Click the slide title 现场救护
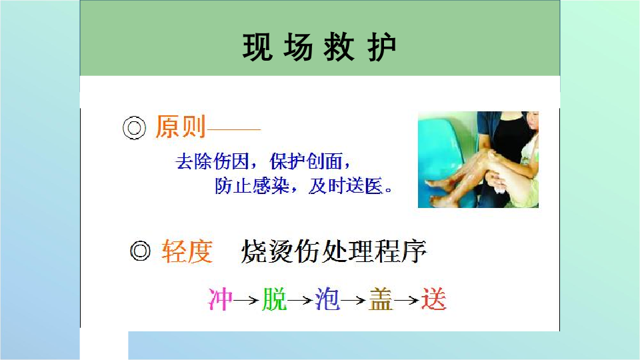(x=319, y=47)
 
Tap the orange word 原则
(x=180, y=127)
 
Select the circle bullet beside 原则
(x=134, y=128)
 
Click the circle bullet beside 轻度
(x=140, y=251)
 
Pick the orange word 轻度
(x=187, y=251)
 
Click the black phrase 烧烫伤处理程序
(x=333, y=251)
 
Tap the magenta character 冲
(x=220, y=299)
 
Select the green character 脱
(x=275, y=299)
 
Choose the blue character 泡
(x=327, y=299)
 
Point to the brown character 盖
(x=381, y=299)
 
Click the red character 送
(x=433, y=299)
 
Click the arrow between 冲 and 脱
(x=247, y=301)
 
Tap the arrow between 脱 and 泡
(x=301, y=301)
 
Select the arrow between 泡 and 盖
(x=353, y=301)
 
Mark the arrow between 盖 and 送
(x=407, y=301)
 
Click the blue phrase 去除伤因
(x=212, y=161)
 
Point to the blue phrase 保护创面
(x=306, y=161)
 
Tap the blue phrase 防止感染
(x=252, y=186)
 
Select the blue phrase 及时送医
(x=346, y=186)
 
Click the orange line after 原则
(x=234, y=129)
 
